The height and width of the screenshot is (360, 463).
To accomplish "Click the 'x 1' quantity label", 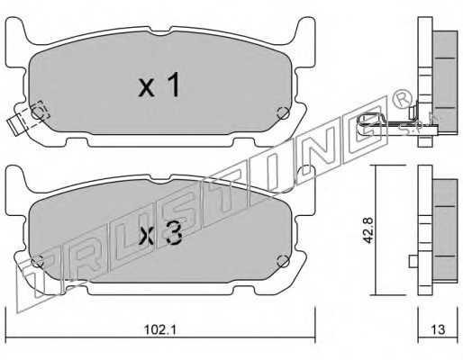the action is (159, 85).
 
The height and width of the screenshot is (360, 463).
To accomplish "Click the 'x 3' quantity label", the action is (160, 235).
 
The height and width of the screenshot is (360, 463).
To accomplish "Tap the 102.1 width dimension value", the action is (160, 330).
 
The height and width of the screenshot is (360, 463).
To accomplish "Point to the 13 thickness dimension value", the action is (438, 329).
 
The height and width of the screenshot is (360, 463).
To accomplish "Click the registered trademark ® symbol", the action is (400, 100).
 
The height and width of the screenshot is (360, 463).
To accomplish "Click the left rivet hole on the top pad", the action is (38, 113).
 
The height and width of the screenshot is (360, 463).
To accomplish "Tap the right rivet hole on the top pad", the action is (283, 113).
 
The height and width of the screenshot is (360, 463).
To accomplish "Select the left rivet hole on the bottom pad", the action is (38, 262).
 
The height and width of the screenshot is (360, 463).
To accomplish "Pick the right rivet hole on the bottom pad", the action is (283, 261).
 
